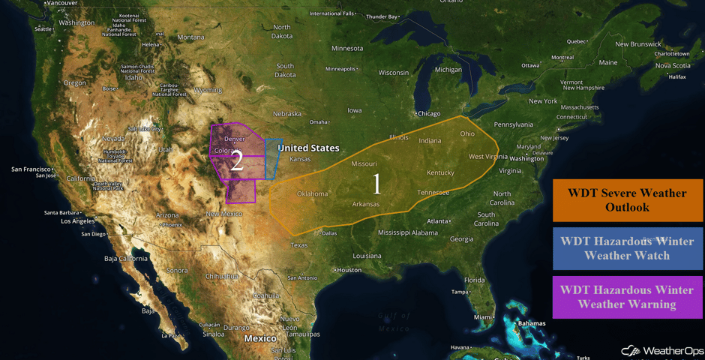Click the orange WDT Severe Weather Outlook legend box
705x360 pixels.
tap(627, 200)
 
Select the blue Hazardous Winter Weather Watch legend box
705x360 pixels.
tap(627, 248)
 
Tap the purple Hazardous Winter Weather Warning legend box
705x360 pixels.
tap(627, 297)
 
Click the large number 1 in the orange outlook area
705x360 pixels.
tap(377, 181)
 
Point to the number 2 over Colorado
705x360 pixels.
tap(236, 160)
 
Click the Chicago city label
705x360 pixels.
tap(429, 113)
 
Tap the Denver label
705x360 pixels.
tap(235, 139)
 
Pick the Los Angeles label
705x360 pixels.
tap(77, 221)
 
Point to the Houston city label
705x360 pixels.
tap(349, 270)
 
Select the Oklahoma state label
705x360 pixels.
tap(312, 193)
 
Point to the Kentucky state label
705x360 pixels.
tap(441, 172)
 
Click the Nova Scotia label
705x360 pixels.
tap(672, 65)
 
